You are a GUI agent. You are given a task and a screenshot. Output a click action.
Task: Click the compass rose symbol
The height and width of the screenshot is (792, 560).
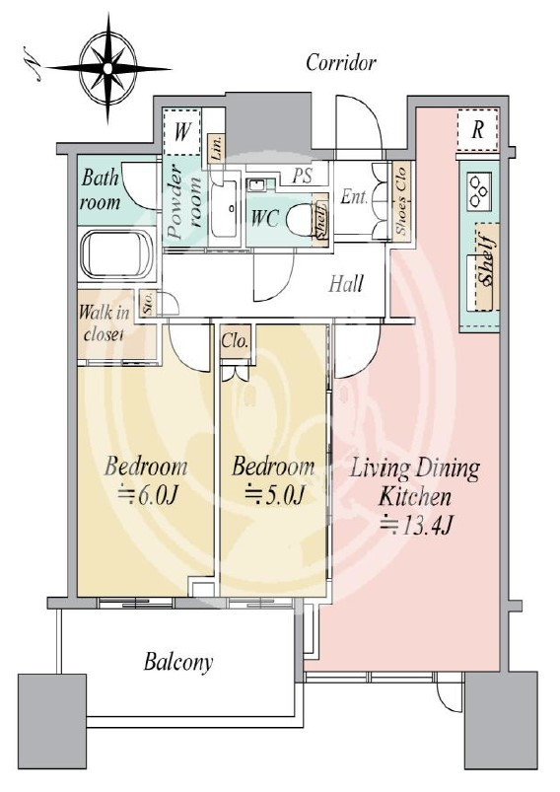click(108, 69)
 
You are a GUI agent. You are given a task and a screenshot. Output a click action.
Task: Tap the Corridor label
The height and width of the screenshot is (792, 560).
click(341, 63)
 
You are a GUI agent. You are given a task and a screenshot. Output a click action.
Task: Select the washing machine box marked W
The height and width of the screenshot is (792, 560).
click(182, 132)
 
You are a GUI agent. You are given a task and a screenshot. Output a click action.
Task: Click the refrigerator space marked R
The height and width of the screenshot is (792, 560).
click(477, 130)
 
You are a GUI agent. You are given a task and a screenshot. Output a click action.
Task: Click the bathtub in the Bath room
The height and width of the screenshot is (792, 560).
click(116, 255)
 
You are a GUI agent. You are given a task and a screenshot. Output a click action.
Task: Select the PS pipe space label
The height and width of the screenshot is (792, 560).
click(303, 176)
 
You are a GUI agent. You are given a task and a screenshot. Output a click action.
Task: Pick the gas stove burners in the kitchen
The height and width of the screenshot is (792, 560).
click(478, 190)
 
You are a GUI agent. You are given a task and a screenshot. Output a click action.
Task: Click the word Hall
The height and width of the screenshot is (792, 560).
click(346, 284)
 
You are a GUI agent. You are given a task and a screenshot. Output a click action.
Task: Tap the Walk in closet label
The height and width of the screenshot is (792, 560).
click(104, 324)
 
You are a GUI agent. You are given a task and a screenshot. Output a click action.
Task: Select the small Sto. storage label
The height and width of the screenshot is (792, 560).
click(149, 303)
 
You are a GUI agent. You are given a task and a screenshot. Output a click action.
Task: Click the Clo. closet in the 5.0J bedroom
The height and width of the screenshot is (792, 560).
click(235, 341)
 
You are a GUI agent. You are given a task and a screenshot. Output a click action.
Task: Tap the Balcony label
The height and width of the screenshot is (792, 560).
click(178, 662)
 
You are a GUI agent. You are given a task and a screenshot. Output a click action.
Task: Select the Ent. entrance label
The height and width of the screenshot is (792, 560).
click(354, 196)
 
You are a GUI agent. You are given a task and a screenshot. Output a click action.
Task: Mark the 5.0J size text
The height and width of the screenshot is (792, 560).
click(274, 495)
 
